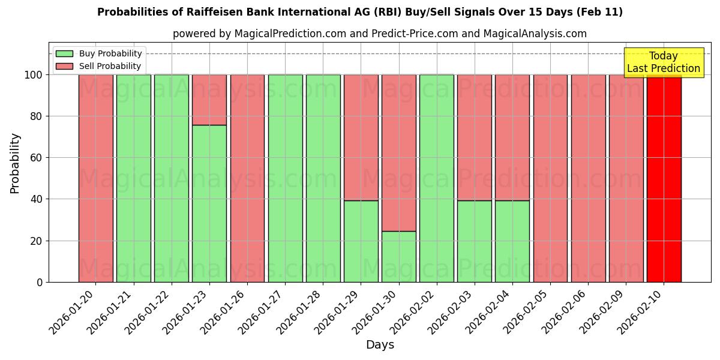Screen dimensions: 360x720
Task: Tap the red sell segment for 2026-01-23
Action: [x=209, y=100]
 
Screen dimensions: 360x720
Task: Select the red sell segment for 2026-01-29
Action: [x=361, y=137]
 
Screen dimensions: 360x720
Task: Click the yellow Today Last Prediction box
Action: [x=663, y=62]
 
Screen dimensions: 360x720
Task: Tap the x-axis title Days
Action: [x=380, y=345]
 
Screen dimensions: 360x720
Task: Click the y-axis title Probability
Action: [x=15, y=163]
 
